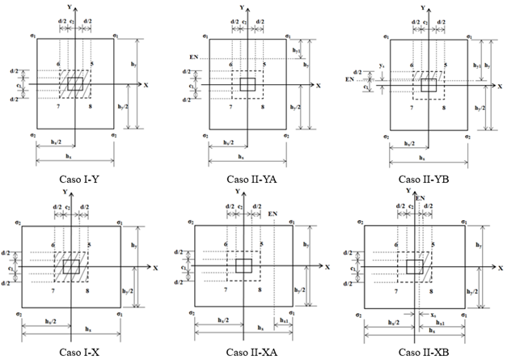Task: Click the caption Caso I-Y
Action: pyautogui.click(x=79, y=176)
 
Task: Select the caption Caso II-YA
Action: pyautogui.click(x=249, y=176)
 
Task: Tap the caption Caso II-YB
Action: pyautogui.click(x=422, y=176)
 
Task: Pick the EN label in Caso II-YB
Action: pyautogui.click(x=371, y=80)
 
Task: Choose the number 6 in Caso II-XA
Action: pyautogui.click(x=226, y=244)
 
